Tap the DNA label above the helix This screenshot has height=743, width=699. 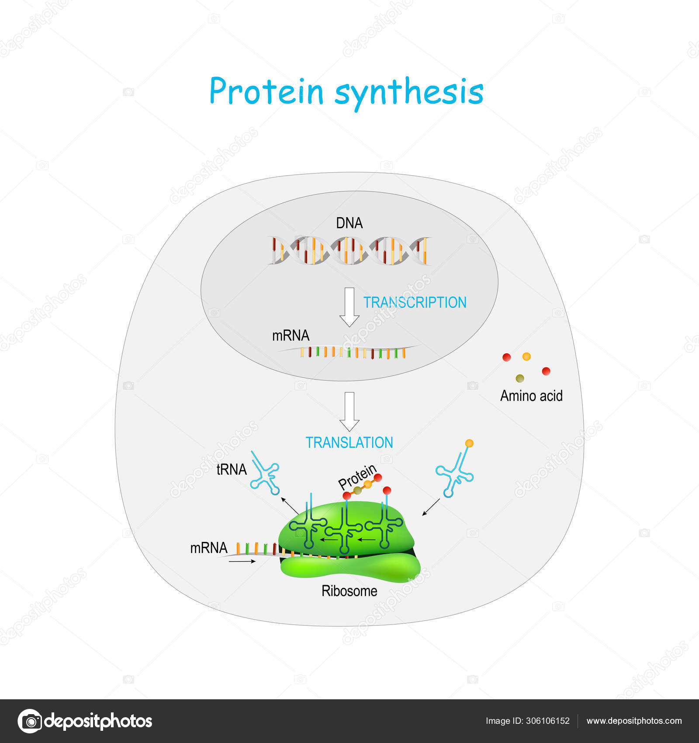[349, 223]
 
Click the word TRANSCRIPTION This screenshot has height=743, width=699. [415, 302]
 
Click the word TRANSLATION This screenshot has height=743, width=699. [349, 443]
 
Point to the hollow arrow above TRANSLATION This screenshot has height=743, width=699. [349, 411]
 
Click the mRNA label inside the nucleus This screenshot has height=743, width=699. [291, 335]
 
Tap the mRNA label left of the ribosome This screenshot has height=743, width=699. [208, 548]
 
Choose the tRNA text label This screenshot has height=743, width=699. [232, 469]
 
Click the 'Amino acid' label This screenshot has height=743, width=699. [531, 396]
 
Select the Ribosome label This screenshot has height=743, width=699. [349, 591]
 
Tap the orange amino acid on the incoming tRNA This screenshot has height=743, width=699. [469, 443]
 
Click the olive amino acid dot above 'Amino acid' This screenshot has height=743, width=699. [519, 378]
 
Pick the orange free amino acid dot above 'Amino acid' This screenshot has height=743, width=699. [526, 357]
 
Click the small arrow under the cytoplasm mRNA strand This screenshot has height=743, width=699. [242, 562]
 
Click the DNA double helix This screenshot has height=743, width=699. [349, 250]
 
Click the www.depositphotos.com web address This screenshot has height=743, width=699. [633, 721]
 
